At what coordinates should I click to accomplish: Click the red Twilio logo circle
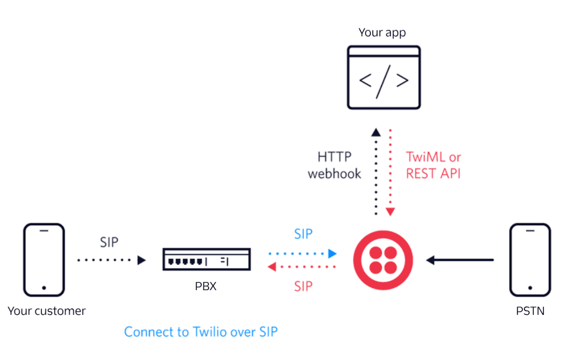pyautogui.click(x=383, y=260)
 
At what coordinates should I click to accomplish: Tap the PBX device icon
pyautogui.click(x=206, y=259)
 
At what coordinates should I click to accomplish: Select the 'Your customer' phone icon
pyautogui.click(x=44, y=260)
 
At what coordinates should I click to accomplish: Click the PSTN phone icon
pyautogui.click(x=530, y=260)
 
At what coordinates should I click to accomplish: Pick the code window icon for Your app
pyautogui.click(x=384, y=77)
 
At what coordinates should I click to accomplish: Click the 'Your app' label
pyautogui.click(x=382, y=32)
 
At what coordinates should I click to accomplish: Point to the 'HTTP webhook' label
pyautogui.click(x=335, y=165)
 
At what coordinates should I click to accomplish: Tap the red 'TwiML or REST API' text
pyautogui.click(x=433, y=165)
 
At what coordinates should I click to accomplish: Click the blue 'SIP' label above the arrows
pyautogui.click(x=303, y=234)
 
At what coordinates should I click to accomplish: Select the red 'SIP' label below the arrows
pyautogui.click(x=303, y=286)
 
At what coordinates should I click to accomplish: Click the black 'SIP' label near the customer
pyautogui.click(x=109, y=242)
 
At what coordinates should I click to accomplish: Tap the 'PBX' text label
pyautogui.click(x=205, y=286)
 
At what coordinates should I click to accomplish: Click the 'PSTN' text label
pyautogui.click(x=530, y=311)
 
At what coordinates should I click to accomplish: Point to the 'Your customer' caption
pyautogui.click(x=47, y=311)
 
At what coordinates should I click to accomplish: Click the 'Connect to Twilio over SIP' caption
pyautogui.click(x=201, y=332)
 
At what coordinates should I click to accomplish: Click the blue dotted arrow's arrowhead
pyautogui.click(x=332, y=253)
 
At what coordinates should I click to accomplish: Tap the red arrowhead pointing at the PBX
pyautogui.click(x=272, y=266)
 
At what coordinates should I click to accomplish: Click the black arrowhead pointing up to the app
pyautogui.click(x=375, y=132)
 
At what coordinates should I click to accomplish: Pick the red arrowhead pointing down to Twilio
pyautogui.click(x=390, y=212)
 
